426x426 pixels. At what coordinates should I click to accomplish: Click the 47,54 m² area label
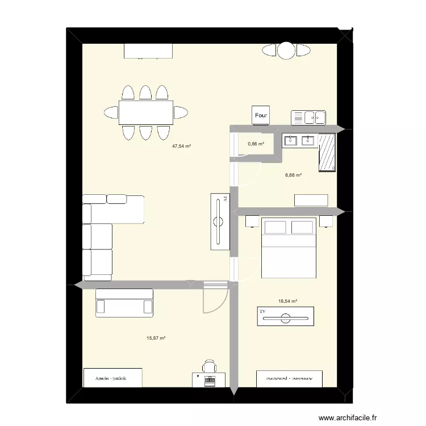coord(181,146)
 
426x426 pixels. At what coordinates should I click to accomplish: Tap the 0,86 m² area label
coord(256,144)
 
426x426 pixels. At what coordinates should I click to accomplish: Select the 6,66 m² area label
coord(293,175)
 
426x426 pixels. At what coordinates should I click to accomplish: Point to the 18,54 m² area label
coord(288,302)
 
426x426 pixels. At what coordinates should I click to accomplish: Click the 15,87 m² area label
coord(156,338)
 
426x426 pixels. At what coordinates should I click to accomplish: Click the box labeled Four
coord(261,116)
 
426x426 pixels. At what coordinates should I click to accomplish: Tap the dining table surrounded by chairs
coord(145,112)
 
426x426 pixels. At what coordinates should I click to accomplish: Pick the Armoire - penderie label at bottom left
coord(111,378)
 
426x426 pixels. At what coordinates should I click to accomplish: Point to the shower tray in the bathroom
coord(328,152)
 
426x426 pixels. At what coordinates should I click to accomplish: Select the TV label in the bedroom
coord(263,312)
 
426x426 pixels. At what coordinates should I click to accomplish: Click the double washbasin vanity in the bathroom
coord(300,140)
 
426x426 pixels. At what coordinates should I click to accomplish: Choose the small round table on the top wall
coord(286,51)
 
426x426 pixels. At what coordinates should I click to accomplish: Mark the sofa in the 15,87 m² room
coord(124,302)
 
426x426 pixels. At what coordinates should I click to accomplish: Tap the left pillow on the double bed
coord(275,227)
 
